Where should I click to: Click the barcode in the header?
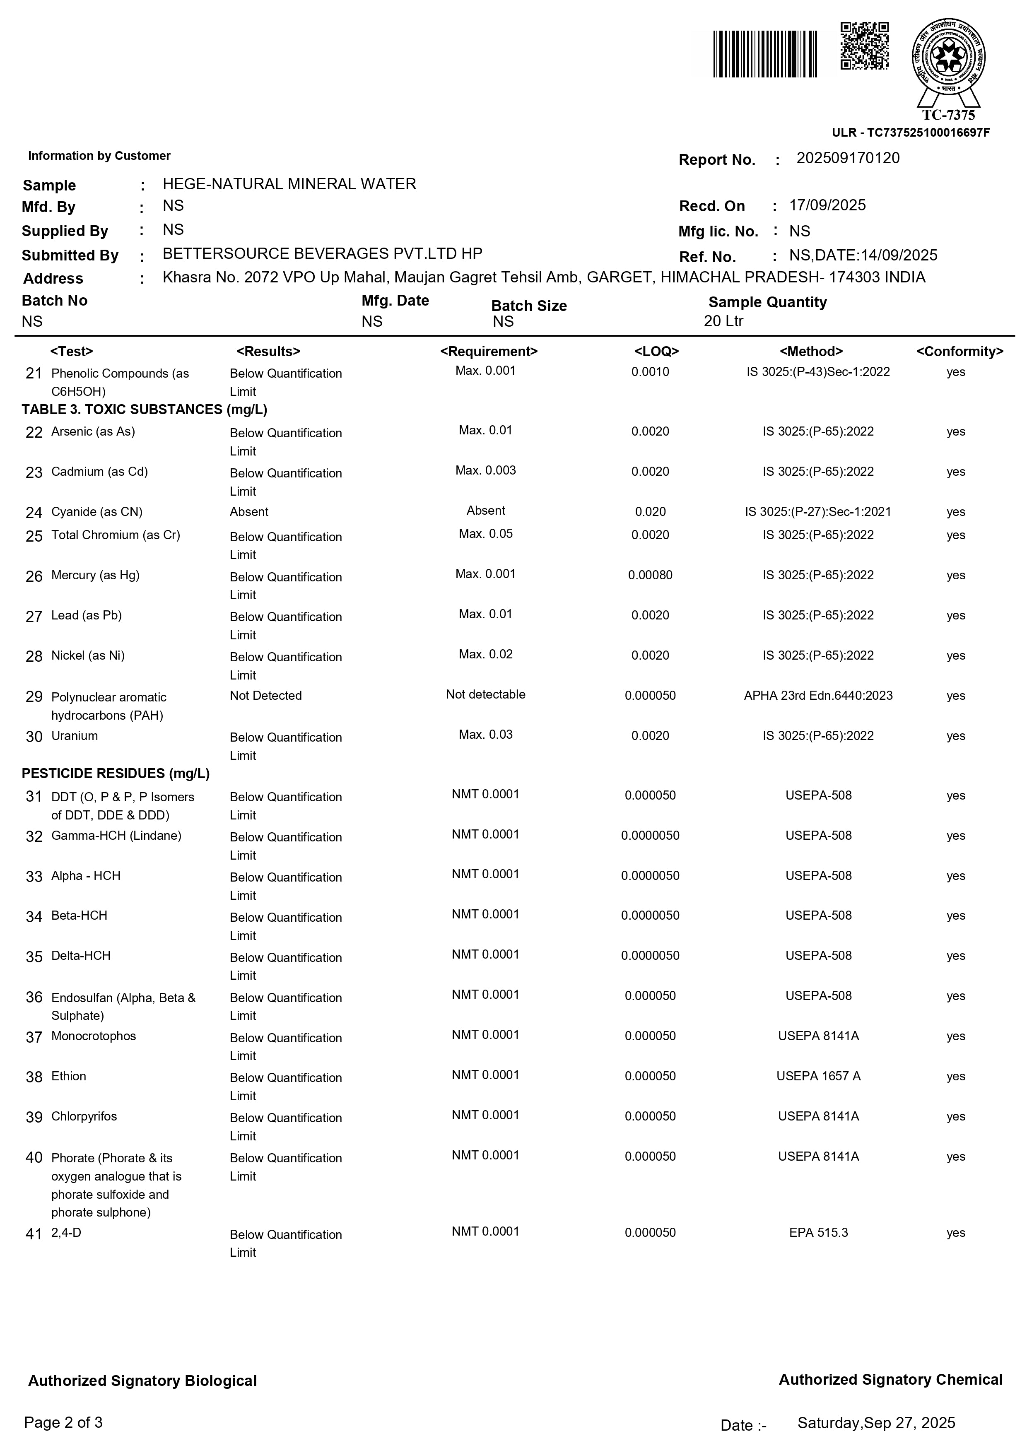point(765,54)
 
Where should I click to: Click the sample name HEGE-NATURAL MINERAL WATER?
point(289,184)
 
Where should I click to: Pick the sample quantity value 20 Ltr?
point(723,321)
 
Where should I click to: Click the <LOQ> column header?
point(656,351)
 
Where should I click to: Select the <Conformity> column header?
point(959,351)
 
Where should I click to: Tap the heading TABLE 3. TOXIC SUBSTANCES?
point(144,410)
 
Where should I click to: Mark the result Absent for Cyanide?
point(249,511)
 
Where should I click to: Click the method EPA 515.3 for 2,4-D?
point(818,1232)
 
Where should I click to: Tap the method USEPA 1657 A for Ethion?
point(818,1076)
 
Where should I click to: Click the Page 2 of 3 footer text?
point(63,1423)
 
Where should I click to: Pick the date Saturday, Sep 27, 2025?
point(876,1423)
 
